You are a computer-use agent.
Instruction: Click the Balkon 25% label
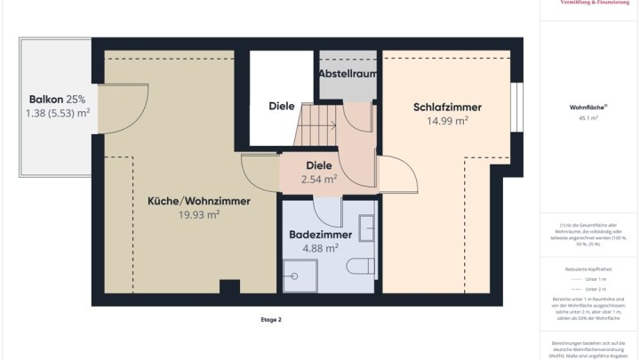pos(57,100)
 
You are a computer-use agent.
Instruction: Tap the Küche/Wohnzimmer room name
pos(198,202)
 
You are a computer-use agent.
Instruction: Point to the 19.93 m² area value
pos(198,214)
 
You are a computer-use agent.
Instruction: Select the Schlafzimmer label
pos(447,108)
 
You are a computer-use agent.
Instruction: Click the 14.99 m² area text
pos(447,121)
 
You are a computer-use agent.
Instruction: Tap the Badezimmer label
pos(320,235)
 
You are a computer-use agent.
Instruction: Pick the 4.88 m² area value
pos(320,248)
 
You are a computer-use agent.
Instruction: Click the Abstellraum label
pos(348,73)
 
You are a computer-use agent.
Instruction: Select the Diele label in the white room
pos(281,107)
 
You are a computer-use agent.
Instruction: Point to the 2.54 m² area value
pos(318,179)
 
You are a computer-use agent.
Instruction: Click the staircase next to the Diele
pos(316,125)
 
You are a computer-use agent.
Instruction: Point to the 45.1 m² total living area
pos(588,117)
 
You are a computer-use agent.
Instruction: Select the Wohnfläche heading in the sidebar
pos(588,107)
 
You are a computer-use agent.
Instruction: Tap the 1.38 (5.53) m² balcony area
pos(57,113)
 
